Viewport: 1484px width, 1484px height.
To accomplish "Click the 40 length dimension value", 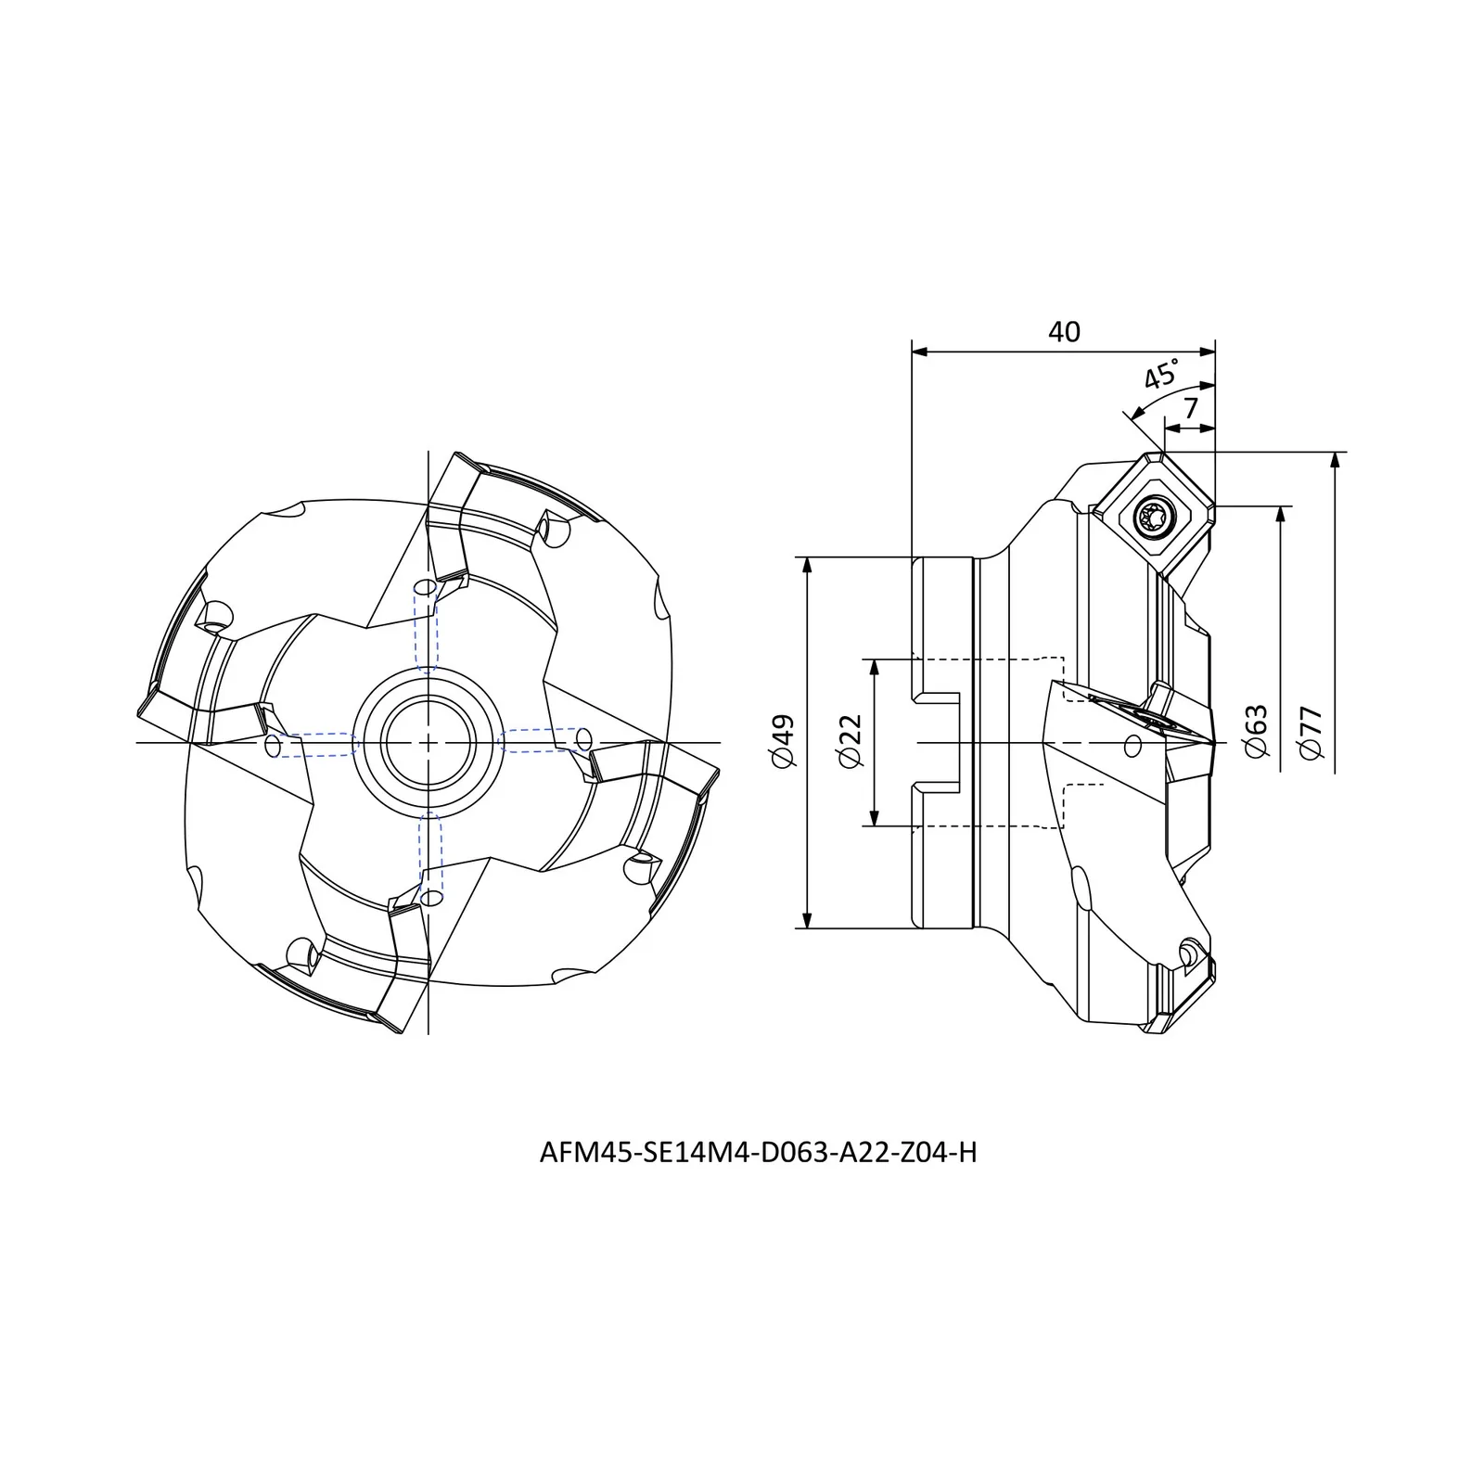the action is pyautogui.click(x=1064, y=331).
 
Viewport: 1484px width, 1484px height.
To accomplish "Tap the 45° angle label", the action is pyautogui.click(x=1161, y=373).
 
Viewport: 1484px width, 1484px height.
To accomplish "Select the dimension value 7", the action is pyautogui.click(x=1191, y=407).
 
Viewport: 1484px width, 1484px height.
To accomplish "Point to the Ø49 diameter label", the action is pyautogui.click(x=783, y=741).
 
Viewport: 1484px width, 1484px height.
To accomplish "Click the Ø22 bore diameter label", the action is pyautogui.click(x=850, y=741).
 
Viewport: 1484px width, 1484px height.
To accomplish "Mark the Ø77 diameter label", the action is pyautogui.click(x=1311, y=733).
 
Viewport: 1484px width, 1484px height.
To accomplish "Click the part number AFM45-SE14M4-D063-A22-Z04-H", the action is pyautogui.click(x=758, y=1153).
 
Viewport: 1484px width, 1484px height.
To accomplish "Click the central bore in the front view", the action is pyautogui.click(x=428, y=742).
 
